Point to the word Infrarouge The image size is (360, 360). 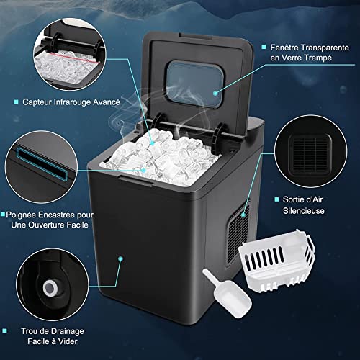[x=70, y=102]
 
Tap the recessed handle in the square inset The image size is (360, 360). [x=41, y=163]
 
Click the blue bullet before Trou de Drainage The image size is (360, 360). [x=6, y=332]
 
